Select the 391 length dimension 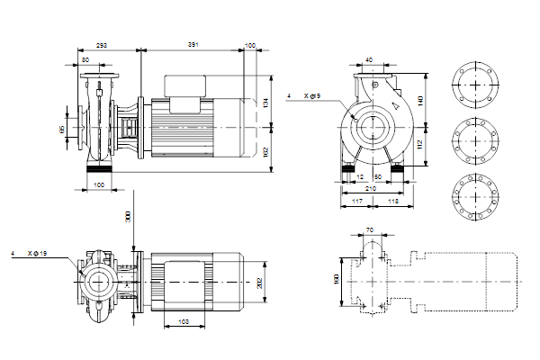click(x=193, y=44)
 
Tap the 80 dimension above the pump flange click(x=85, y=59)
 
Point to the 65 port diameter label click(x=62, y=130)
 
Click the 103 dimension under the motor click(x=183, y=320)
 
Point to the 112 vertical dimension click(x=422, y=144)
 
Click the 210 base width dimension click(x=373, y=190)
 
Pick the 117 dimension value click(x=357, y=202)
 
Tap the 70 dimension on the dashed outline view click(x=369, y=230)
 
